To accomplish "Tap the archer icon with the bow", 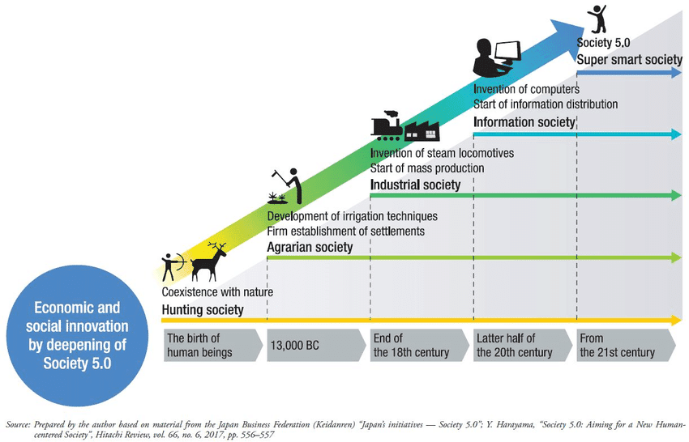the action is (x=171, y=266).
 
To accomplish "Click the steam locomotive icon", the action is (x=386, y=125).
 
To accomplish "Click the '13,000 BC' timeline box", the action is (x=314, y=344).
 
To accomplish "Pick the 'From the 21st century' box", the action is (x=623, y=344).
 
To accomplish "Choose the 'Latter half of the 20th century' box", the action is (x=520, y=344).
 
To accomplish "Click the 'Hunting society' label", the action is (x=202, y=309).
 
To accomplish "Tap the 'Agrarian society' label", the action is (x=310, y=247).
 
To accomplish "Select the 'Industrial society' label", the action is (x=415, y=185).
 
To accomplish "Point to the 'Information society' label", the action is (x=524, y=122).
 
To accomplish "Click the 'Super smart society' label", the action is (x=629, y=59).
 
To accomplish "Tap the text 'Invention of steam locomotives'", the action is (x=442, y=153).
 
